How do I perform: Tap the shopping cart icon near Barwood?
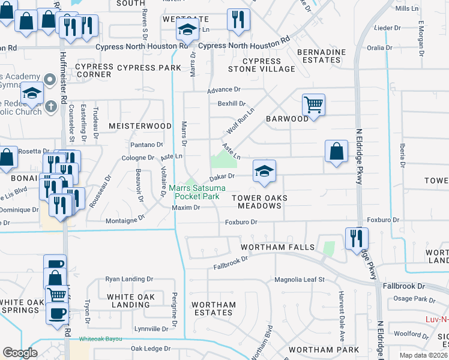tap(313, 105)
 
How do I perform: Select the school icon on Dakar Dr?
tap(264, 171)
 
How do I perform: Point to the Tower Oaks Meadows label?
tap(259, 202)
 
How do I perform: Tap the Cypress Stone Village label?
tap(261, 65)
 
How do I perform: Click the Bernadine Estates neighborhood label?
tap(322, 56)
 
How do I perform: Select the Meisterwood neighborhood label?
tap(140, 126)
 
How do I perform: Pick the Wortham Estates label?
tap(214, 308)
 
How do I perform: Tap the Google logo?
tap(20, 353)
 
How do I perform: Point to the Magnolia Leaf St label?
tap(299, 280)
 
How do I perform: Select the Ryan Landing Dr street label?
tap(129, 279)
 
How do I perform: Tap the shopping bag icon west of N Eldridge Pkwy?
tap(337, 152)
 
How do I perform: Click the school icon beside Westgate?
tap(187, 29)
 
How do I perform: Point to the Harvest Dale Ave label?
tap(341, 307)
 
